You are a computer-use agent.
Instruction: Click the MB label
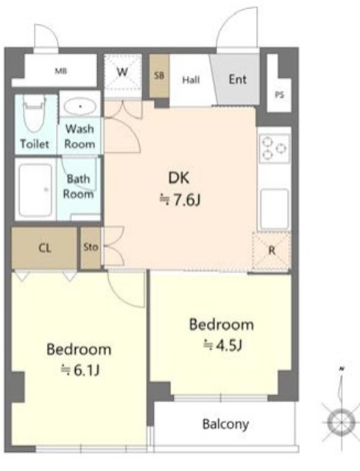pos(60,71)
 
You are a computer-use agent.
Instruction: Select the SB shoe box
pos(159,76)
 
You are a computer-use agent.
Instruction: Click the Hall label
pos(191,80)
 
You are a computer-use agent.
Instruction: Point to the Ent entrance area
pos(236,79)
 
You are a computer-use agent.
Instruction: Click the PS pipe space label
pos(280,95)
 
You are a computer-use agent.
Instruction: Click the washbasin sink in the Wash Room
pos(80,106)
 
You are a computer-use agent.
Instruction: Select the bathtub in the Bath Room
pos(36,190)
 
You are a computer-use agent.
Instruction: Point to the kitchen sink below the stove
pos(274,209)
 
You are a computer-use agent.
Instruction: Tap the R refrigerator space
pos(272,251)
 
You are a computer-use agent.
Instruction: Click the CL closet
pos(44,248)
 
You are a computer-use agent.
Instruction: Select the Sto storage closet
pos(91,248)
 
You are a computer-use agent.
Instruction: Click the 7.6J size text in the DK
pos(180,200)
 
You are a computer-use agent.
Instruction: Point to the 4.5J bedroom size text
pos(222,345)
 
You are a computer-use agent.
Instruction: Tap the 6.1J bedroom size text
pos(80,370)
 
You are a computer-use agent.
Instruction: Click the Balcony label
pos(225,424)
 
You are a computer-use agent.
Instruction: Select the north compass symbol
pos(342,414)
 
